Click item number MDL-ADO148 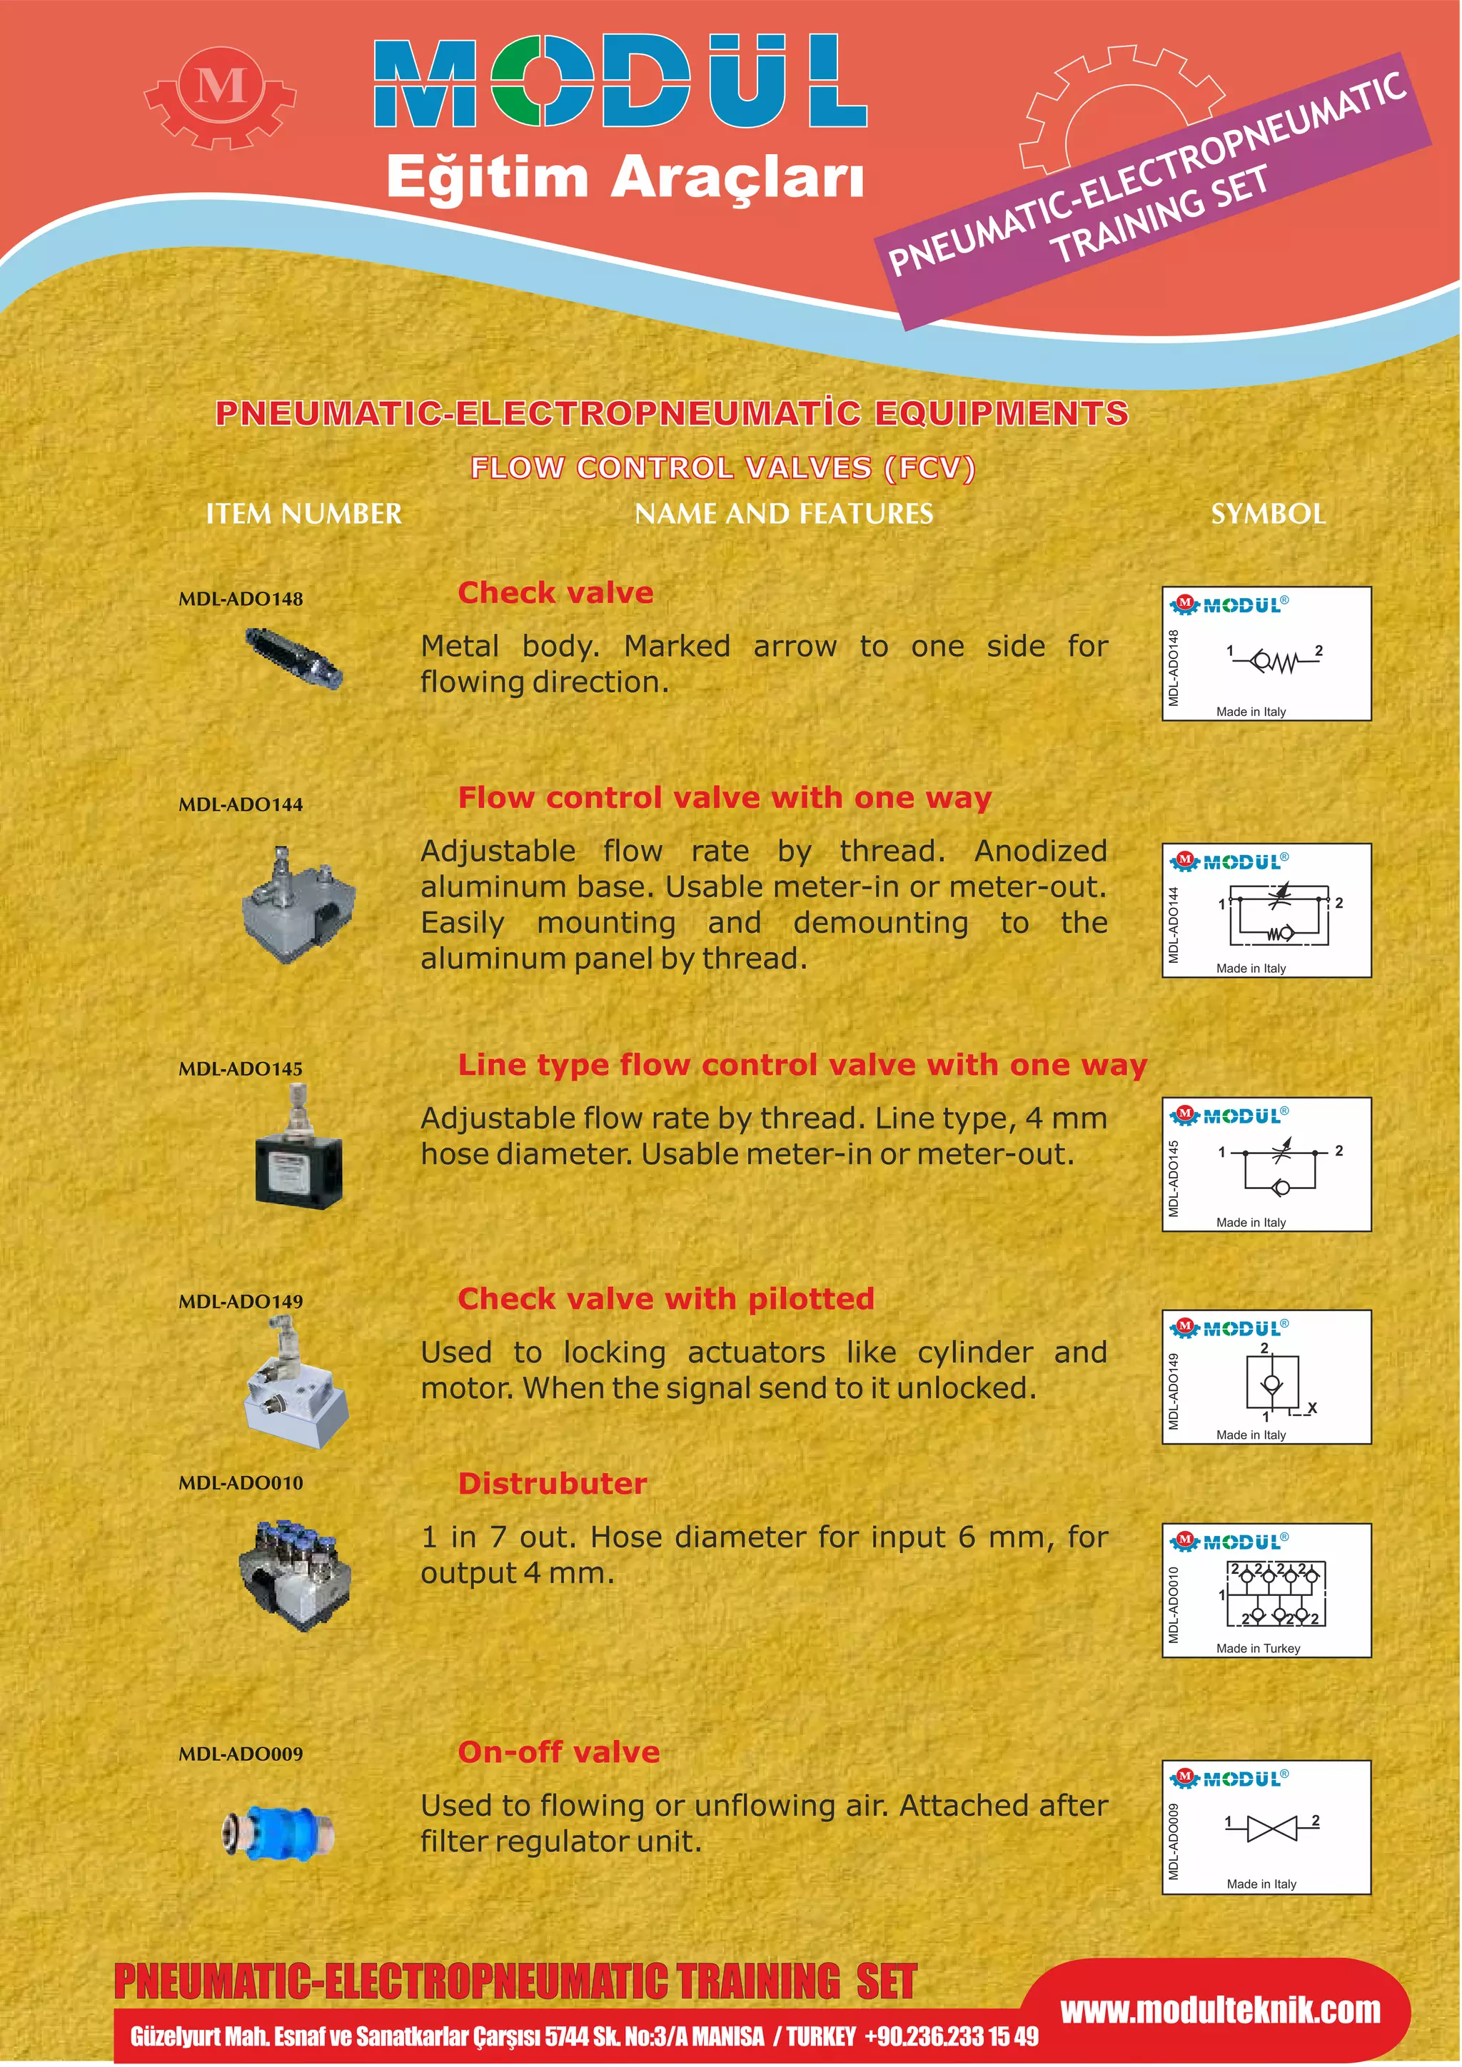point(241,599)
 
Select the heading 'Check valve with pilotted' point(665,1298)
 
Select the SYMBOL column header point(1268,514)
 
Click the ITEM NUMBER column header point(303,514)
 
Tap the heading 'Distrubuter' point(552,1484)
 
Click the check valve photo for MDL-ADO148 point(293,659)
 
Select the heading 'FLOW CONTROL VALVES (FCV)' point(722,468)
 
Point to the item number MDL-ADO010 point(241,1482)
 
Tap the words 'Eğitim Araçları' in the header point(625,176)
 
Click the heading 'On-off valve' point(558,1752)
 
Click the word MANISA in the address point(727,2036)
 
